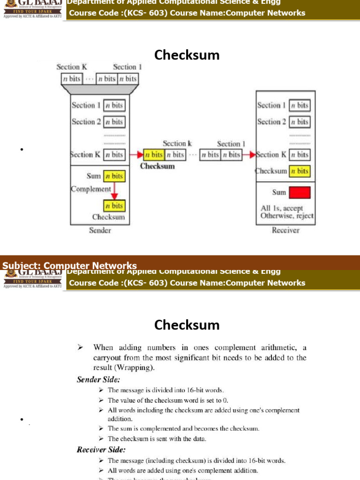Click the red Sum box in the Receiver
pyautogui.click(x=300, y=193)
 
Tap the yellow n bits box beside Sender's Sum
pyautogui.click(x=113, y=176)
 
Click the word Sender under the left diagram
pyautogui.click(x=100, y=230)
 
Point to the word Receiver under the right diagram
pyautogui.click(x=285, y=230)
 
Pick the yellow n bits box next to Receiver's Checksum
pyautogui.click(x=300, y=171)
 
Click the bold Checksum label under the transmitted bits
pyautogui.click(x=157, y=166)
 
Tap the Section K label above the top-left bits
pyautogui.click(x=71, y=67)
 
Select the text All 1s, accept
pyautogui.click(x=282, y=208)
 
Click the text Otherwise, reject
pyautogui.click(x=287, y=216)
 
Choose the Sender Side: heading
pyautogui.click(x=98, y=380)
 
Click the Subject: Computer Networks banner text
pyautogui.click(x=69, y=266)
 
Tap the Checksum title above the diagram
pyautogui.click(x=187, y=55)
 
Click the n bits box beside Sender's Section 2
pyautogui.click(x=113, y=122)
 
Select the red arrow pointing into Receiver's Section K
pyautogui.click(x=248, y=154)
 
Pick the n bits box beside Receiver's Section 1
pyautogui.click(x=300, y=105)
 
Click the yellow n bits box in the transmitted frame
pyautogui.click(x=154, y=154)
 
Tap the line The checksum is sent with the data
pyautogui.click(x=157, y=439)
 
